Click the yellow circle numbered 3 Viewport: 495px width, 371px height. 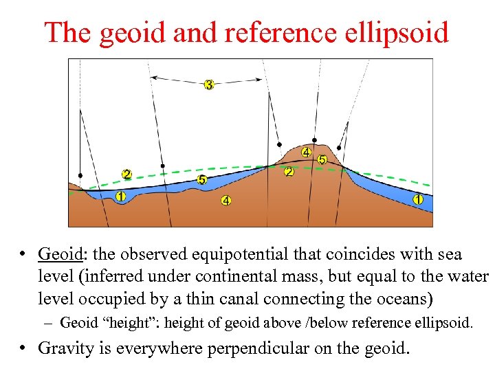pos(209,85)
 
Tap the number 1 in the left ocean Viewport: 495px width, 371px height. pos(121,196)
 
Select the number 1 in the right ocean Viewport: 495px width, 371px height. pos(417,199)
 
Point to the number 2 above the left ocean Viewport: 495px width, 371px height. pos(126,174)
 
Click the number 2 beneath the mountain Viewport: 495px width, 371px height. pos(289,171)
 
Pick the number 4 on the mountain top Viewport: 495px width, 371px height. pos(305,152)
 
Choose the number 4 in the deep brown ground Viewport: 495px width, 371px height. pos(225,201)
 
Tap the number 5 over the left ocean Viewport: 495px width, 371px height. pos(201,179)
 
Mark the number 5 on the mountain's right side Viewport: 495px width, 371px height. pos(322,159)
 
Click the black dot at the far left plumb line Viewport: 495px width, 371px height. pos(80,175)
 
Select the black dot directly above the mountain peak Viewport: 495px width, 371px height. pos(314,139)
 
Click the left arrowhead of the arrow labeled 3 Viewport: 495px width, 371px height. pos(153,78)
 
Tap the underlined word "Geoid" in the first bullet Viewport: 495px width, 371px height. pos(60,254)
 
